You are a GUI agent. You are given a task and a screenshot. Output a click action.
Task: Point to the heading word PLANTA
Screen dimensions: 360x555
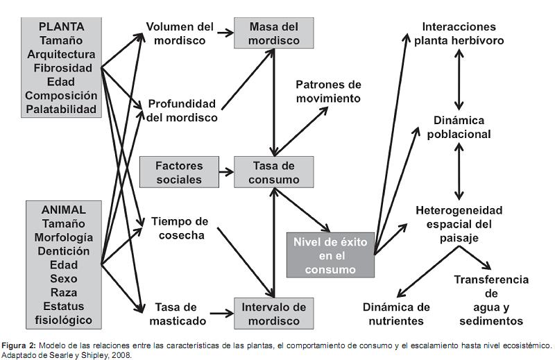62,26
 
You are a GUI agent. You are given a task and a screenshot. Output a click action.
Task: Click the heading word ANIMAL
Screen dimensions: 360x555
63,209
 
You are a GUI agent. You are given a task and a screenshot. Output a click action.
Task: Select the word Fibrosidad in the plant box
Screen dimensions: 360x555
62,68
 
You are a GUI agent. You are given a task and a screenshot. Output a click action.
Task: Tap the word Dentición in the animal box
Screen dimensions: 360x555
63,251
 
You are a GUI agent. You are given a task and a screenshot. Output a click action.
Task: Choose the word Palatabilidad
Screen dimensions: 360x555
62,109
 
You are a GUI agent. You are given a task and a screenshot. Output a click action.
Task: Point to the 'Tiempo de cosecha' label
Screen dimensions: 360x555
180,228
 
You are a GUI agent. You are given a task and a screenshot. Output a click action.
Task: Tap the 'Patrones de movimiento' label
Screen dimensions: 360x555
328,91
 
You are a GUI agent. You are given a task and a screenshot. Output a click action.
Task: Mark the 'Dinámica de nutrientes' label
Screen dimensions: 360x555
397,314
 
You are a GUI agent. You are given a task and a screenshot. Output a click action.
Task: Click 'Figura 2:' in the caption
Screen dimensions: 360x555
19,345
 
